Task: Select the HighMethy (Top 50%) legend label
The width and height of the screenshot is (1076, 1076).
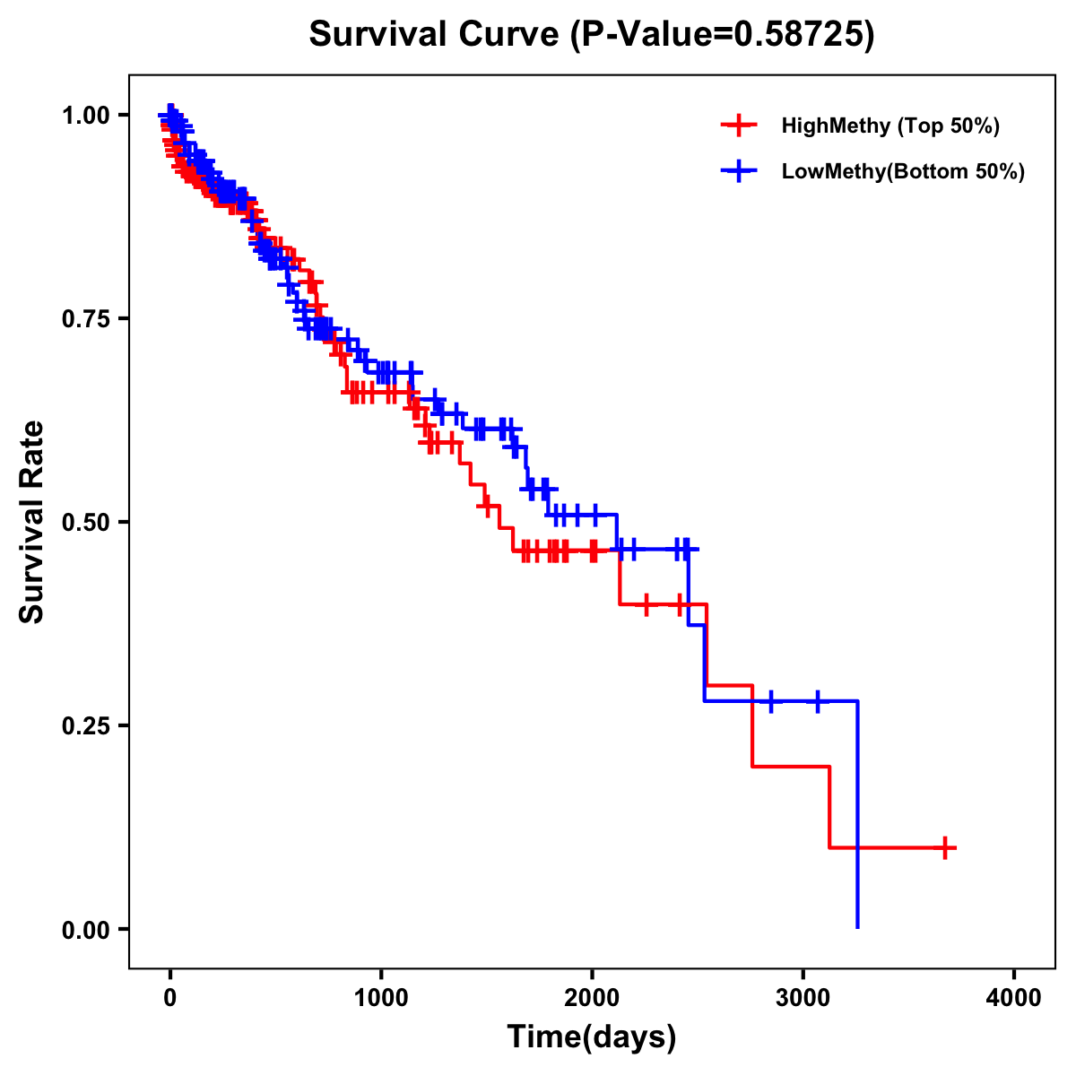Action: pyautogui.click(x=889, y=126)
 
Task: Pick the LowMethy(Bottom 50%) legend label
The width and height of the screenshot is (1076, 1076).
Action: pyautogui.click(x=902, y=171)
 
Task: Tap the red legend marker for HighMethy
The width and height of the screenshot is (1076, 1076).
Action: pyautogui.click(x=739, y=126)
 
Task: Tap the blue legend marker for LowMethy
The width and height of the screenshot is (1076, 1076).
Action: pyautogui.click(x=739, y=171)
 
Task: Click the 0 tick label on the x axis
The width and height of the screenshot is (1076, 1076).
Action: pyautogui.click(x=170, y=998)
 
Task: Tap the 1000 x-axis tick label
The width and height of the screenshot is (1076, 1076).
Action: pyautogui.click(x=381, y=998)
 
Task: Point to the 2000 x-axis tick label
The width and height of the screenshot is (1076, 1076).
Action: pyautogui.click(x=592, y=998)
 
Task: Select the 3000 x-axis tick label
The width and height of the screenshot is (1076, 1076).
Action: pyautogui.click(x=803, y=998)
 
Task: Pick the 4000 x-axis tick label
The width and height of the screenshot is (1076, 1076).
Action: pyautogui.click(x=1014, y=998)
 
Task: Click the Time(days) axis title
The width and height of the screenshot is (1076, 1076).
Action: pyautogui.click(x=592, y=1037)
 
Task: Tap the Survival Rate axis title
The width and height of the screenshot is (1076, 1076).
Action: pyautogui.click(x=32, y=522)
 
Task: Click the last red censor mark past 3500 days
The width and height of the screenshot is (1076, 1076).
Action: pyautogui.click(x=945, y=847)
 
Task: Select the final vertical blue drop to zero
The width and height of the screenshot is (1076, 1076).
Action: pyautogui.click(x=858, y=888)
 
